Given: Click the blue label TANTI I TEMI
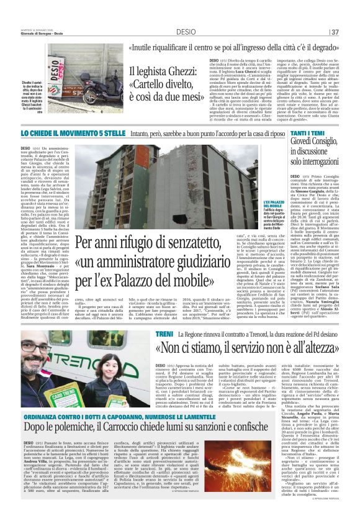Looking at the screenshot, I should (307, 134).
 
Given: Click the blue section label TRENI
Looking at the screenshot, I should (164, 335).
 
